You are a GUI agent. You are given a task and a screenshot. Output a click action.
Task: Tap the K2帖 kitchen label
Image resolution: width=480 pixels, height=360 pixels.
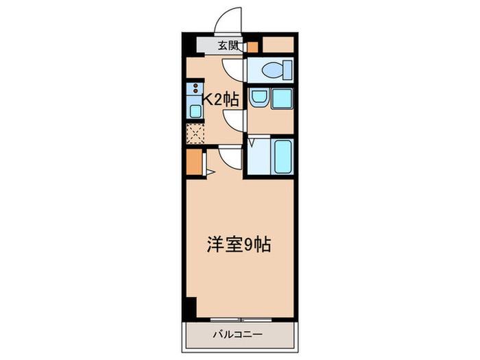click(x=221, y=99)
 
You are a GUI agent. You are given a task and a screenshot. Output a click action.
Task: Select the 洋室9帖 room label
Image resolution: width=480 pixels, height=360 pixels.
click(x=239, y=244)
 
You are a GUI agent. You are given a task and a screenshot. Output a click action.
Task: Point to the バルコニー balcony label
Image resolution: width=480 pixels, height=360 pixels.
click(x=238, y=335)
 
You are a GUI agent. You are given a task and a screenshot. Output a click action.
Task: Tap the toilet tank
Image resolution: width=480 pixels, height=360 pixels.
click(x=288, y=70)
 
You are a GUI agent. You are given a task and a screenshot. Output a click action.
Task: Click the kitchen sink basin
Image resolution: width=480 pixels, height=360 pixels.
click(x=195, y=111)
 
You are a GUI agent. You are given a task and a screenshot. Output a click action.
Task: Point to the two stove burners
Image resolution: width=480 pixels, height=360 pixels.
click(x=195, y=88)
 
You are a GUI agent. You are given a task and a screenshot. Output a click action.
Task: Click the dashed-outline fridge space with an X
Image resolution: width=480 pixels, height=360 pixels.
click(x=195, y=134)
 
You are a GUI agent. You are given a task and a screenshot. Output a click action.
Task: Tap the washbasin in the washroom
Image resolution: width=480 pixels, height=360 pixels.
click(x=259, y=97)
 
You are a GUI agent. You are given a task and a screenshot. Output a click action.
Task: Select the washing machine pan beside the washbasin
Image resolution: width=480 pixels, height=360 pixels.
click(x=282, y=99)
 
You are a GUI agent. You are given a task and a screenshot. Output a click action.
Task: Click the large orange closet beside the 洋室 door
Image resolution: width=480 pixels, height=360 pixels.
click(x=194, y=162)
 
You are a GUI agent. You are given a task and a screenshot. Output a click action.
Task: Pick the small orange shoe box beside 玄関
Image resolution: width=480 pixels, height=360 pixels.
click(x=252, y=47)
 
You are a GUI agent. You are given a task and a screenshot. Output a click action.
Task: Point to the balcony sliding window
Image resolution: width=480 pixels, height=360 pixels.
click(x=241, y=320)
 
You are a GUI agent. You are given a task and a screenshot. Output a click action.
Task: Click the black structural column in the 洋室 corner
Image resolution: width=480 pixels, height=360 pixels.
click(x=191, y=307)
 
